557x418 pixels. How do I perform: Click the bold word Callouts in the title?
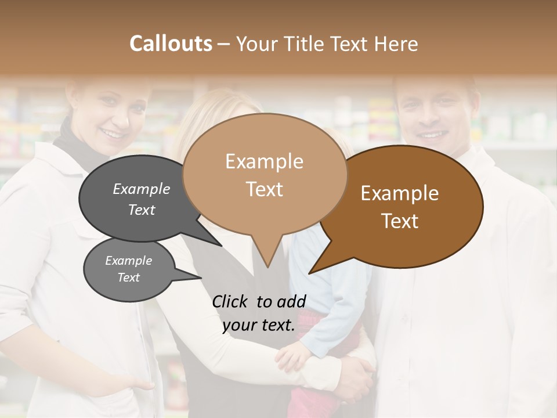pyautogui.click(x=171, y=44)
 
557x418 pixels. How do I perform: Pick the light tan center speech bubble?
pyautogui.click(x=265, y=174)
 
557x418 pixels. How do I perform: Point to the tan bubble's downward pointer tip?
pyautogui.click(x=267, y=266)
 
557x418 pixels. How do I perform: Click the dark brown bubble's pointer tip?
pyautogui.click(x=310, y=273)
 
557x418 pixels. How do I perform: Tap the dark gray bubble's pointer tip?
pyautogui.click(x=222, y=246)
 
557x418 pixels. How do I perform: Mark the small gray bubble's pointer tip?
pyautogui.click(x=201, y=278)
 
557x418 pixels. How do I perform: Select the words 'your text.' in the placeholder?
pyautogui.click(x=259, y=326)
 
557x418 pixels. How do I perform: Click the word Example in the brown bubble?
pyautogui.click(x=400, y=193)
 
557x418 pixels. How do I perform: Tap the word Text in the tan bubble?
pyautogui.click(x=265, y=189)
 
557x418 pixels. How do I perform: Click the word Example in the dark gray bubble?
pyautogui.click(x=142, y=189)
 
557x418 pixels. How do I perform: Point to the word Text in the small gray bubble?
pyautogui.click(x=129, y=278)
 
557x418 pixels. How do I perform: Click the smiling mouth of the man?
pyautogui.click(x=432, y=135)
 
